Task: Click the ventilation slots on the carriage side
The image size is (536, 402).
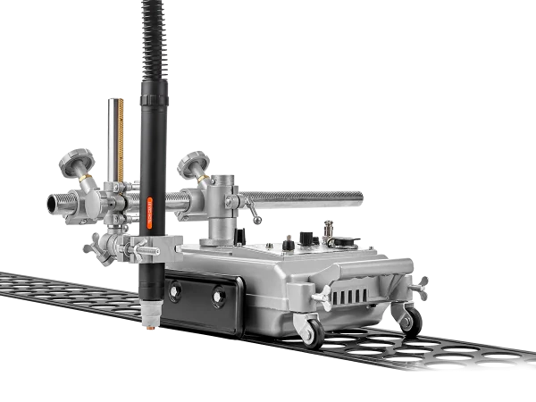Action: coord(353,295)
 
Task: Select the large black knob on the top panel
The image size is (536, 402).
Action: coord(306,238)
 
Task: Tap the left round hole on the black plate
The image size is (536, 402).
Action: coord(175,289)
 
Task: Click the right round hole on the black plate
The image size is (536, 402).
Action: coord(218,296)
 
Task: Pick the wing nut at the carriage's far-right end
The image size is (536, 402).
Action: coord(418,287)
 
